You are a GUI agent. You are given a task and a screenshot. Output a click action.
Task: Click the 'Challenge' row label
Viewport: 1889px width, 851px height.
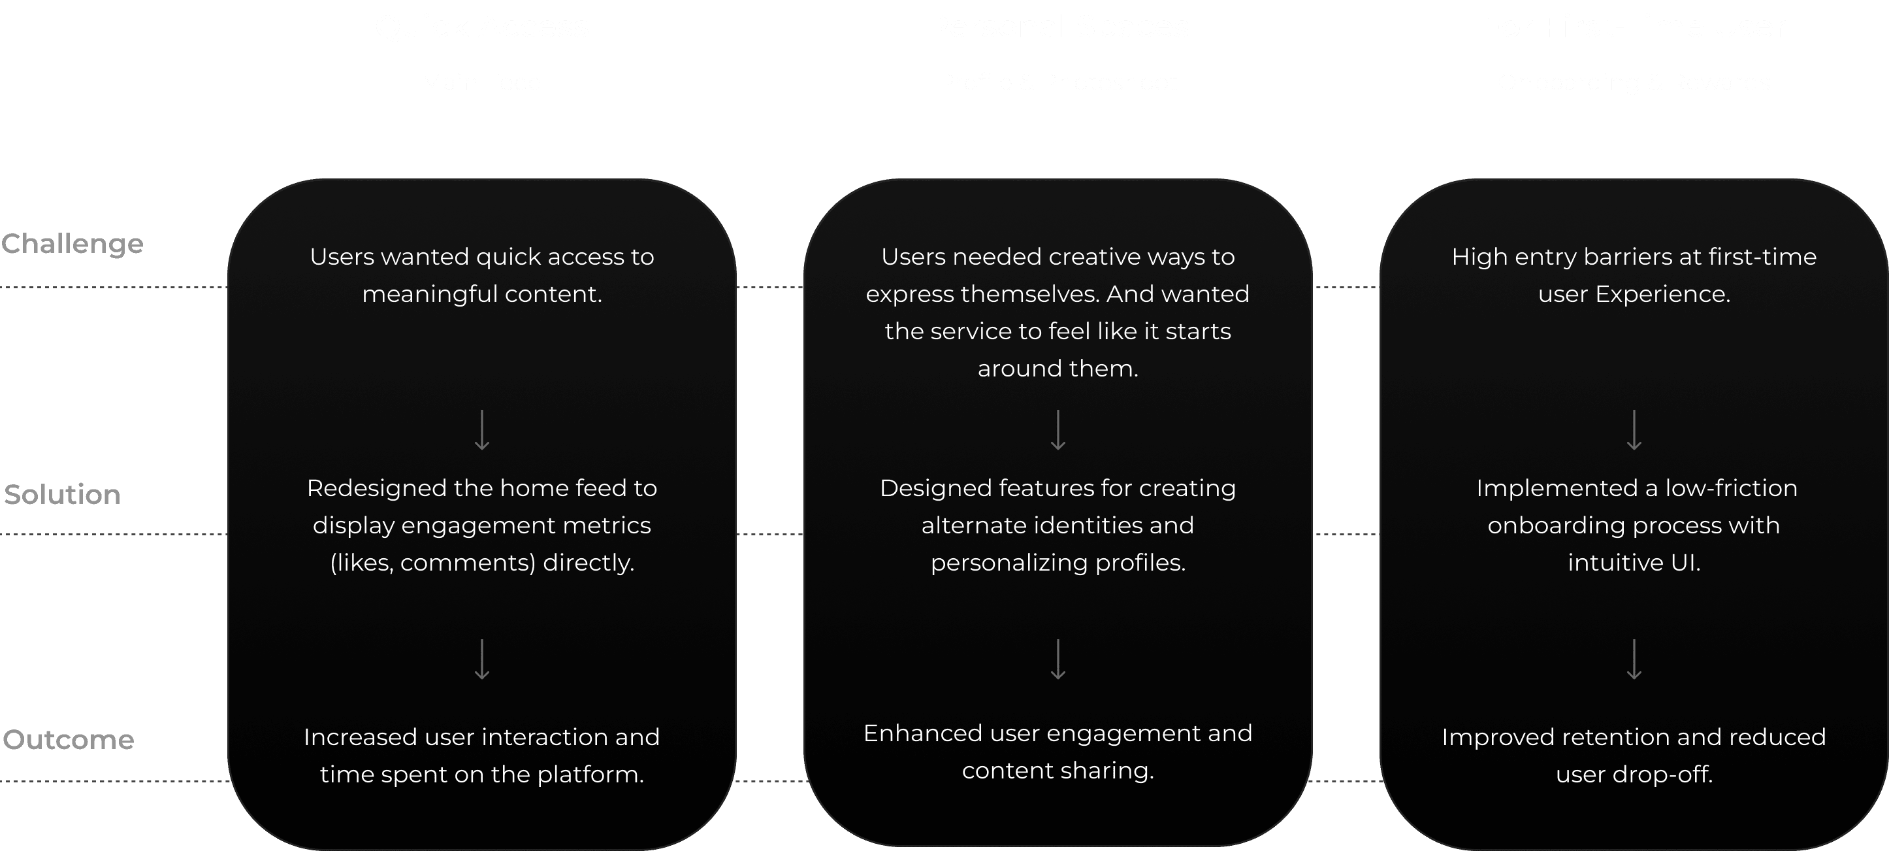[x=72, y=244]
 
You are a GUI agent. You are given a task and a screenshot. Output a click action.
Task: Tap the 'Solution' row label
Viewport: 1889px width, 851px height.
[x=62, y=495]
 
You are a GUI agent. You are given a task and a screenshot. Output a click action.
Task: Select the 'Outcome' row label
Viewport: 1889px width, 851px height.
[x=68, y=739]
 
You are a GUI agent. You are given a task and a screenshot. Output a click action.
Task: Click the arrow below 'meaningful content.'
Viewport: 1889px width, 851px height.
[x=482, y=430]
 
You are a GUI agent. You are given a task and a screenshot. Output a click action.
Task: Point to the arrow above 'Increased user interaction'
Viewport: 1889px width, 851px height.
[x=482, y=659]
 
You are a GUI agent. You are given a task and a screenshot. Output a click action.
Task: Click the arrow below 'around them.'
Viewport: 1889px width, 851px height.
[x=1058, y=430]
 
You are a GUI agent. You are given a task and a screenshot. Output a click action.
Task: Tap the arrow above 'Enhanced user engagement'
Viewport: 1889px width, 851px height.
[x=1058, y=659]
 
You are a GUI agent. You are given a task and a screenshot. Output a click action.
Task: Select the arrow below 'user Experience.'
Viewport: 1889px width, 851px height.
[x=1634, y=430]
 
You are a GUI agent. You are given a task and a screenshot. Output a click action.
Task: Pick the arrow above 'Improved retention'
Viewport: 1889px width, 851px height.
[x=1634, y=659]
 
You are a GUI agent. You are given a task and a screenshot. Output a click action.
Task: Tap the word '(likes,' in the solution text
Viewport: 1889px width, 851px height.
[x=361, y=563]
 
